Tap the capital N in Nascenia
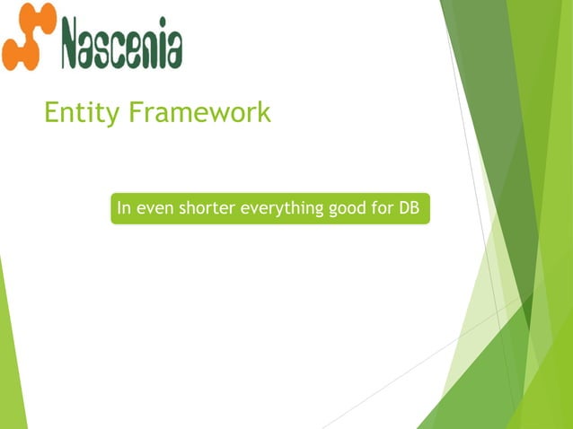click(x=75, y=43)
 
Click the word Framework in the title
click(x=200, y=113)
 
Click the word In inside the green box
click(x=125, y=208)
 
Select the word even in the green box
click(x=155, y=208)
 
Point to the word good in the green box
click(x=346, y=208)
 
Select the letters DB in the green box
click(x=411, y=208)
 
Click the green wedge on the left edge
click(x=10, y=359)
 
